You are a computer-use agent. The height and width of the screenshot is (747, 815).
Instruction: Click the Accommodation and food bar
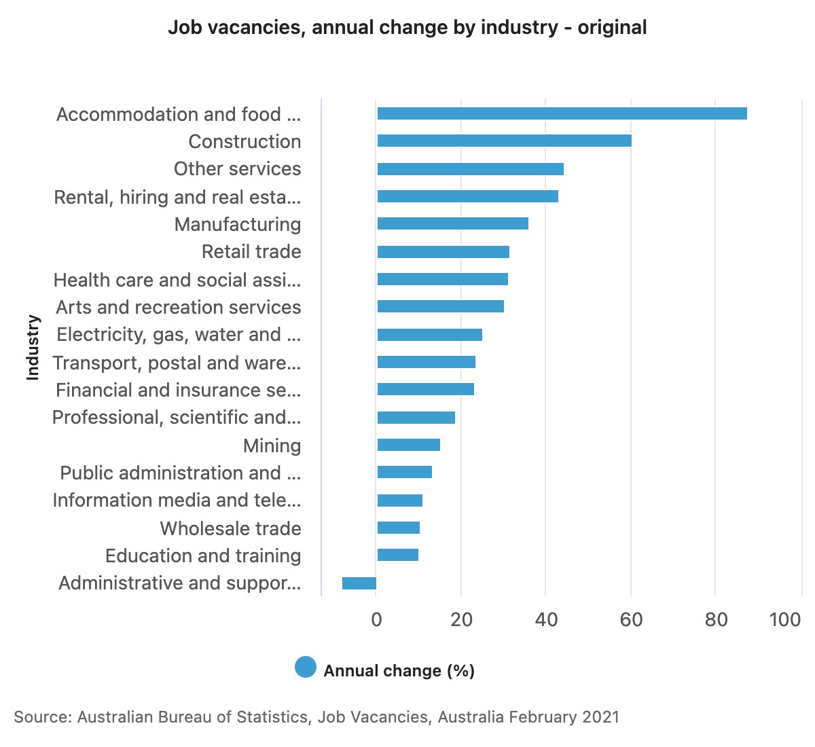point(562,113)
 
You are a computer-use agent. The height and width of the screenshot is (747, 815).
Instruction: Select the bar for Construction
point(504,141)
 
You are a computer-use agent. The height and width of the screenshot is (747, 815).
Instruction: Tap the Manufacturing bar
point(452,223)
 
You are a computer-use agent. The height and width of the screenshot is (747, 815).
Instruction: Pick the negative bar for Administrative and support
point(359,583)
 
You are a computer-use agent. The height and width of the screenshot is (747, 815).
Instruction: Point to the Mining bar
point(408,445)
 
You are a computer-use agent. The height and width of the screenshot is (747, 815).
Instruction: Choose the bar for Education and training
point(397,555)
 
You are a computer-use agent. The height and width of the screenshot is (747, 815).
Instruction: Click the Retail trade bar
point(443,252)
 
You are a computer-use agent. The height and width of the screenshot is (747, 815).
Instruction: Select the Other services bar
point(470,169)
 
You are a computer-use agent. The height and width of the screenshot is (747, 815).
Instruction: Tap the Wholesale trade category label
point(230,528)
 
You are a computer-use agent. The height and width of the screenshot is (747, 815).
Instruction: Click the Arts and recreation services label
point(178,307)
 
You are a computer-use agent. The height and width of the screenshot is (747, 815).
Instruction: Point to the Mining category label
point(272,445)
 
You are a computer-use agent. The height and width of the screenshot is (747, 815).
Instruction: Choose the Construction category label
point(244,141)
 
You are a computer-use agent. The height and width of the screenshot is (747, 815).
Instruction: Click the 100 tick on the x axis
point(785,619)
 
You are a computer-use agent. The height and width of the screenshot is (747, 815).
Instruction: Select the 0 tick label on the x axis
point(376,619)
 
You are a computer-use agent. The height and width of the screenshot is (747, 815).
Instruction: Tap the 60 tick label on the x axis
point(631,619)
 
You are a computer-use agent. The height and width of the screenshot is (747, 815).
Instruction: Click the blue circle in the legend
point(306,668)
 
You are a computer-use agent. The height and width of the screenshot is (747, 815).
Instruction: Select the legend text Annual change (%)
point(399,671)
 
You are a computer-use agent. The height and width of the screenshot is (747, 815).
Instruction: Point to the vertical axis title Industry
point(33,347)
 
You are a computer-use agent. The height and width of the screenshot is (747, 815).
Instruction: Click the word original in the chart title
point(612,28)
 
